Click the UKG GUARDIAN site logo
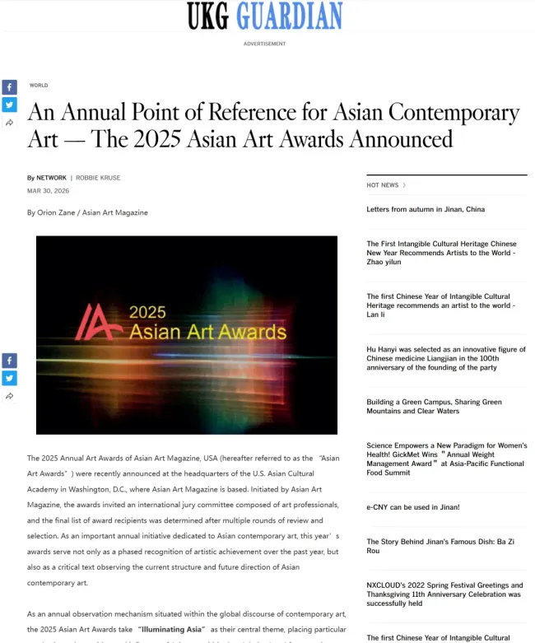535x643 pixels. tap(264, 16)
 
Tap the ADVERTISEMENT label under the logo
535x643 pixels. tap(264, 44)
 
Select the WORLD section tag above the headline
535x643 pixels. tap(39, 86)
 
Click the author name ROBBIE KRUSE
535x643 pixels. tap(98, 178)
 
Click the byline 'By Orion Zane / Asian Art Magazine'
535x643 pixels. tap(87, 212)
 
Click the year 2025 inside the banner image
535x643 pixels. tap(147, 313)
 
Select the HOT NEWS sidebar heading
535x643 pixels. tap(383, 185)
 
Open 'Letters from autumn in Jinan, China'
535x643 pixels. tap(426, 209)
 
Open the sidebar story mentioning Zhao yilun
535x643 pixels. tap(441, 253)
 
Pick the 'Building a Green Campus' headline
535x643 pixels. tap(434, 407)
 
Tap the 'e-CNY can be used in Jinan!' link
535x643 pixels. tap(413, 507)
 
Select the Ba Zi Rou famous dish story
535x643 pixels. tap(429, 547)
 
